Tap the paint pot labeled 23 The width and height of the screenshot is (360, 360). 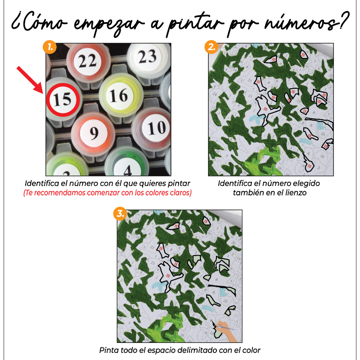click(147, 58)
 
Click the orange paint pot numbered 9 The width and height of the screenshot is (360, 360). click(94, 133)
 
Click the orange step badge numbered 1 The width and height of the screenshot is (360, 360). click(49, 46)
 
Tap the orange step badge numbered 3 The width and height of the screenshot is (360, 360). click(120, 213)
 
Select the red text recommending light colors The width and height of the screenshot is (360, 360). click(108, 193)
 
